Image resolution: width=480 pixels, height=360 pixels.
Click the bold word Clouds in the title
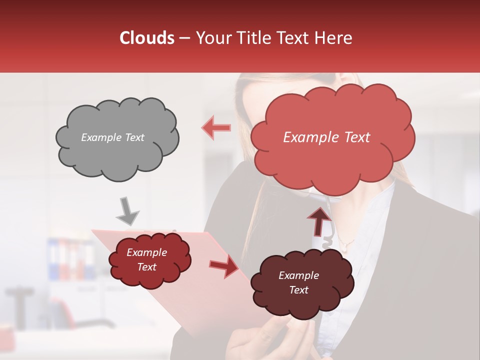pos(147,38)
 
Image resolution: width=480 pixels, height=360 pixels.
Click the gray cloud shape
pos(117,138)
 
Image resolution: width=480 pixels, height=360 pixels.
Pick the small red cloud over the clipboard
pos(149,260)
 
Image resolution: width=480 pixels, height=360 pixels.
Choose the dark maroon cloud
pos(301,283)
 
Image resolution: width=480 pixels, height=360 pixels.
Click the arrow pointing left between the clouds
pos(216,127)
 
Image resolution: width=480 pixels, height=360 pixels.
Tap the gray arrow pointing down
pos(127,210)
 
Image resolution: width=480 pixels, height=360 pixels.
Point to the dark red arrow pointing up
pos(319,220)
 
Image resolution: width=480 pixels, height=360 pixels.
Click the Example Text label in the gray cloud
pos(113,137)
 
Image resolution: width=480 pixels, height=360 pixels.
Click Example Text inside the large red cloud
pos(326,137)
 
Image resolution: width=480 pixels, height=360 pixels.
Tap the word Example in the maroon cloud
pos(298,275)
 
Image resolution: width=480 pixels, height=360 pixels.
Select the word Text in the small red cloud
pos(147,267)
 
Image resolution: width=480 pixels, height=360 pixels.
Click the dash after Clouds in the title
pos(183,38)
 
